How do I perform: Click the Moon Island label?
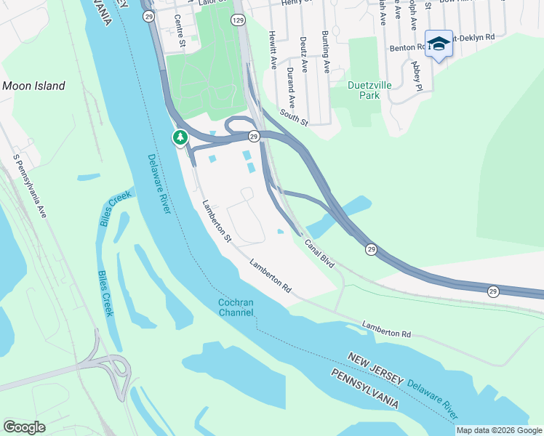pyautogui.click(x=33, y=86)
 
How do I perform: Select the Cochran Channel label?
pyautogui.click(x=236, y=307)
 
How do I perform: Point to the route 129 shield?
pyautogui.click(x=239, y=20)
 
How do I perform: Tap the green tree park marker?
pyautogui.click(x=180, y=137)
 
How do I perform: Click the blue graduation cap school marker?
pyautogui.click(x=439, y=44)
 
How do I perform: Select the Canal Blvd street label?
pyautogui.click(x=319, y=254)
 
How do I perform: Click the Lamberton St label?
pyautogui.click(x=217, y=221)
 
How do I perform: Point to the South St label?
pyautogui.click(x=295, y=118)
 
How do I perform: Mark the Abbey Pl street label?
pyautogui.click(x=417, y=74)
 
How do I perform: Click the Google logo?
pyautogui.click(x=24, y=427)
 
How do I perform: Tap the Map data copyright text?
pyautogui.click(x=499, y=430)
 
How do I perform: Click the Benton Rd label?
pyautogui.click(x=408, y=47)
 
